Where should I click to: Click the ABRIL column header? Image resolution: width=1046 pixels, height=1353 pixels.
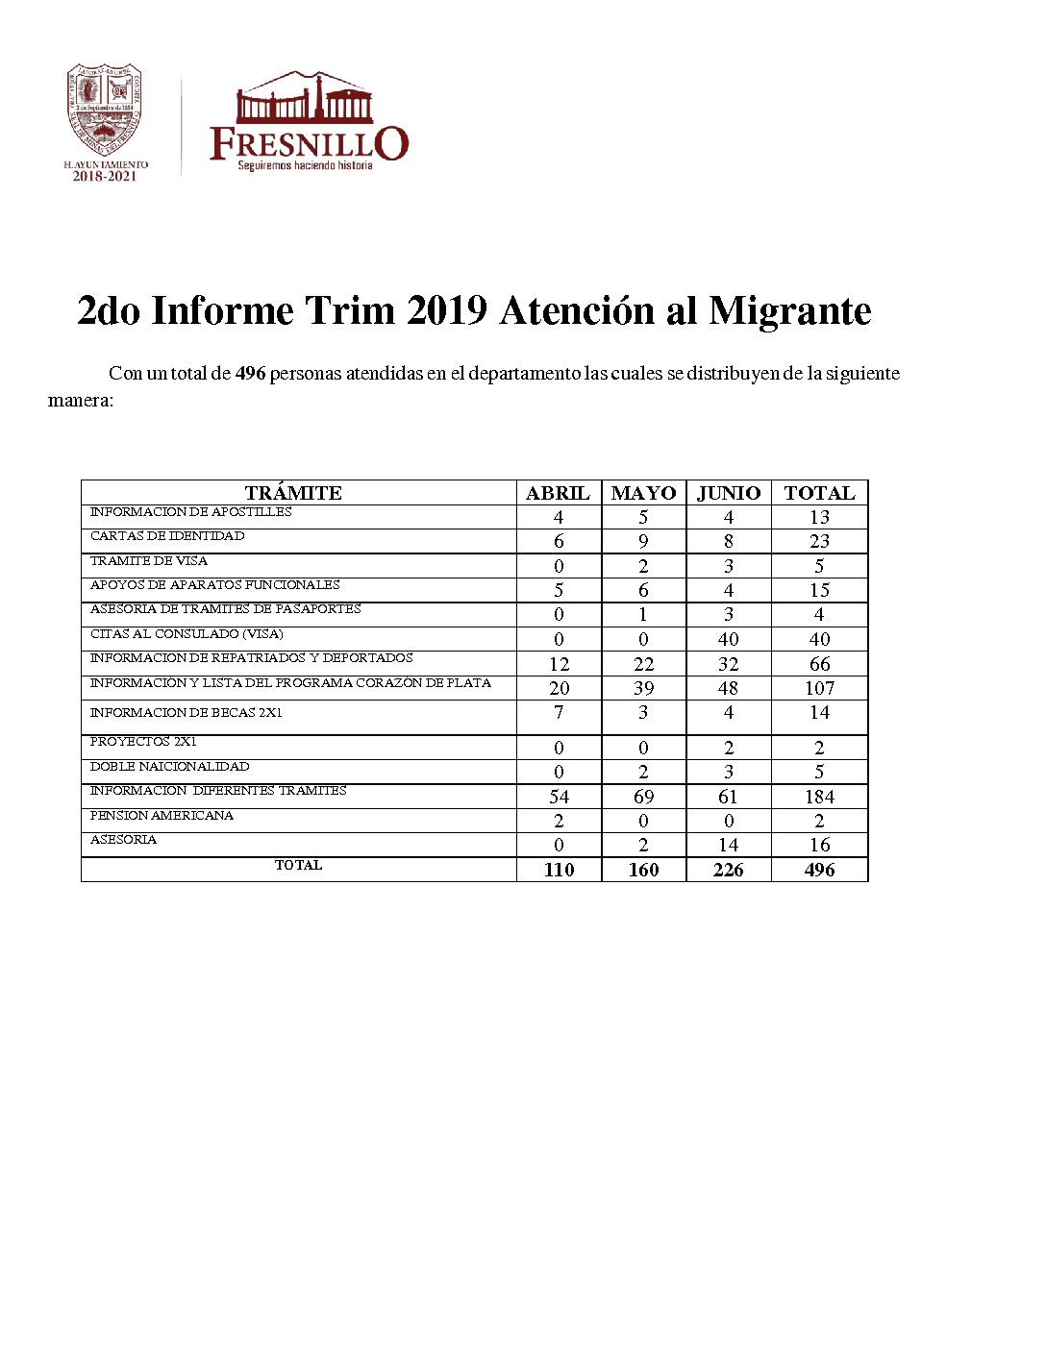[558, 493]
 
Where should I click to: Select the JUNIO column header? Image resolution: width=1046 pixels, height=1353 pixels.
[729, 493]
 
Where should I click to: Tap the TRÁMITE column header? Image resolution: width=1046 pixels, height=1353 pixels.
[293, 493]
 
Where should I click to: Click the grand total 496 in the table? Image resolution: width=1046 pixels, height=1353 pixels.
[819, 870]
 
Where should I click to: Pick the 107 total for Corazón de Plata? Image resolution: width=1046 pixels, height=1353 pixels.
[819, 688]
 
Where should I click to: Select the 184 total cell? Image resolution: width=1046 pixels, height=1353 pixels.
[819, 797]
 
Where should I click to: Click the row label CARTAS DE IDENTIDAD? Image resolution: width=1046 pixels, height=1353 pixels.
[167, 536]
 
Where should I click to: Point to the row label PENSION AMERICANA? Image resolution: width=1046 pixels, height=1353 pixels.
[162, 816]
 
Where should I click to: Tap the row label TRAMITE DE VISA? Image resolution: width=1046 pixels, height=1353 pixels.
[149, 561]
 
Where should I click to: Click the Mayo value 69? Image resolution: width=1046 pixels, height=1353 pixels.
[643, 797]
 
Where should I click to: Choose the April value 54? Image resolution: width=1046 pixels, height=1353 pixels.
[559, 797]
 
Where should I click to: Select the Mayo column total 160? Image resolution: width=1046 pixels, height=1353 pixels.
[643, 870]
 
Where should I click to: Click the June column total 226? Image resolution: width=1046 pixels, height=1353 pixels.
[729, 870]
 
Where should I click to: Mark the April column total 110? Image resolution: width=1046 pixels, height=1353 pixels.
[559, 870]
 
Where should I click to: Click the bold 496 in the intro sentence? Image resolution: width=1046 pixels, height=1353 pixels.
[250, 374]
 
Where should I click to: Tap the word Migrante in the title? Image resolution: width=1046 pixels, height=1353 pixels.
[789, 310]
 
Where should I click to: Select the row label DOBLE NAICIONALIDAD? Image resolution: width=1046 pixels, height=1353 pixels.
[170, 767]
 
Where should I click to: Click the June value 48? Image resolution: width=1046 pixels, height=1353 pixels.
[729, 688]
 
